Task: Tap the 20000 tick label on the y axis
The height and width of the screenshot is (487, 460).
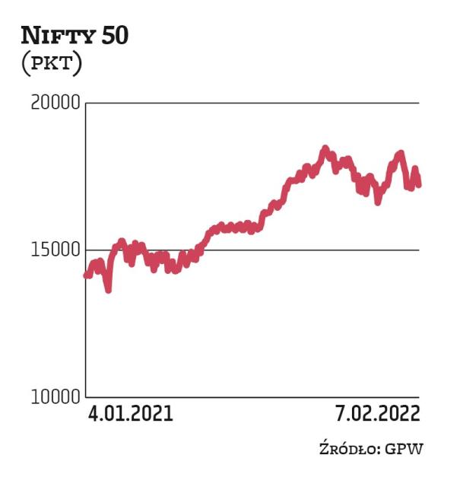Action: point(55,103)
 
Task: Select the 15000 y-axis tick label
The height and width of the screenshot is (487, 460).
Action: point(55,250)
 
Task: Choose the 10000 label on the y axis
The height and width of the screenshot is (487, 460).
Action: point(55,396)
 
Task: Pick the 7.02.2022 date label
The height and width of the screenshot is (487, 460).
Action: point(377,415)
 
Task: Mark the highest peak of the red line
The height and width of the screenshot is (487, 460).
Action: point(325,149)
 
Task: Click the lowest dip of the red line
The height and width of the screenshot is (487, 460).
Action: point(109,289)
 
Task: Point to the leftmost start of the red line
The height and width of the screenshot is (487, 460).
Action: point(86,275)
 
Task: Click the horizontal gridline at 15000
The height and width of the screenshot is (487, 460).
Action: point(251,250)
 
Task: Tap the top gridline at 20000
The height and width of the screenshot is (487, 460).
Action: point(251,103)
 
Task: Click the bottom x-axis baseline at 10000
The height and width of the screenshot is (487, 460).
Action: point(251,396)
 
